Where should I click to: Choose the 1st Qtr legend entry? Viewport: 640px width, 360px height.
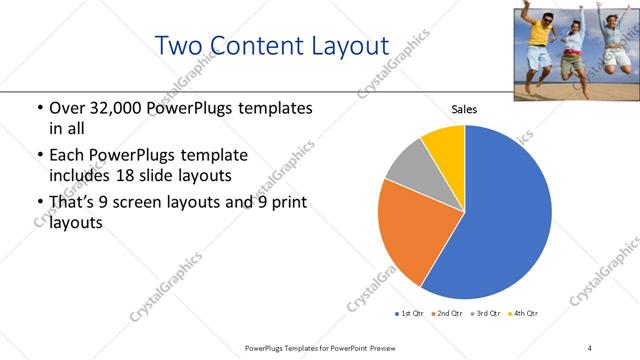point(411,314)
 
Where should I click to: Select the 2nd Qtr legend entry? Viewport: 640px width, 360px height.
point(447,314)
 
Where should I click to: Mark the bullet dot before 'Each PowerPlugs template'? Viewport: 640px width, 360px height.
point(38,156)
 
